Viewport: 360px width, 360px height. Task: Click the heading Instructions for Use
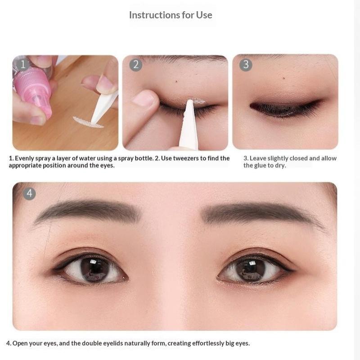[171, 15]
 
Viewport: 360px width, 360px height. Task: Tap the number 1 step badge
[23, 64]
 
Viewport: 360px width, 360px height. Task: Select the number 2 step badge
[136, 65]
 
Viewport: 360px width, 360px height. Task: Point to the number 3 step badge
[246, 65]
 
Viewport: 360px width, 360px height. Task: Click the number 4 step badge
[29, 193]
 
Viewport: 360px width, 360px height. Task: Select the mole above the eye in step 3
[284, 78]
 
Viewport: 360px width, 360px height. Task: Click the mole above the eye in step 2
[176, 81]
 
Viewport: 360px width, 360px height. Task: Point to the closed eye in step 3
[286, 108]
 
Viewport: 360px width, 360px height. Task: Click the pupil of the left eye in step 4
[95, 269]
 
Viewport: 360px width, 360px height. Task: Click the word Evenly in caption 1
[24, 158]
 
